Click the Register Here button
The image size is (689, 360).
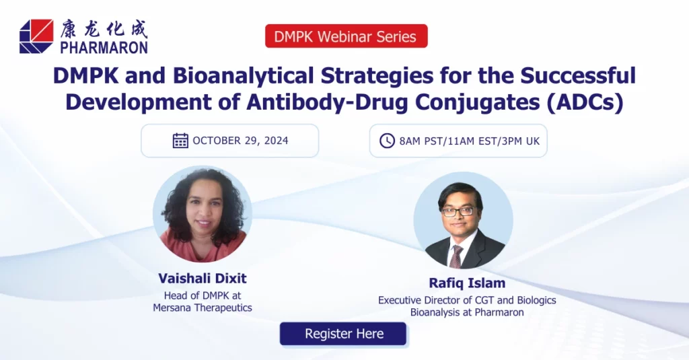pos(343,334)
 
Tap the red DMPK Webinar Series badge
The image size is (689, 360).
pos(347,36)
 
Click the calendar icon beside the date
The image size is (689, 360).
pos(180,141)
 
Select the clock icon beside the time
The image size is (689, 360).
pos(387,141)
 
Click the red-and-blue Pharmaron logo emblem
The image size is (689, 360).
pos(36,36)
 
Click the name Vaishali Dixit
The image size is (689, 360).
pos(203,278)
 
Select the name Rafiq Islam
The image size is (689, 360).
pos(467,283)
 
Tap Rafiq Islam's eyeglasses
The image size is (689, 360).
pos(458,211)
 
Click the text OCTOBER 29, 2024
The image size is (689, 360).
pos(240,141)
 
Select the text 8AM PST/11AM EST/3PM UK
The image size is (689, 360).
pos(469,141)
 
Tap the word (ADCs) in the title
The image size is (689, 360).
pos(585,102)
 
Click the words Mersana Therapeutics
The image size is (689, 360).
pos(203,308)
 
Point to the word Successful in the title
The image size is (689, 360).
pos(578,75)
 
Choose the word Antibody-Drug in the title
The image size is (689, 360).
pos(328,102)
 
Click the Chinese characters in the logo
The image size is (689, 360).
pos(104,29)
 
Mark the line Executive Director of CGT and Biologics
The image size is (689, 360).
pos(467,300)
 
